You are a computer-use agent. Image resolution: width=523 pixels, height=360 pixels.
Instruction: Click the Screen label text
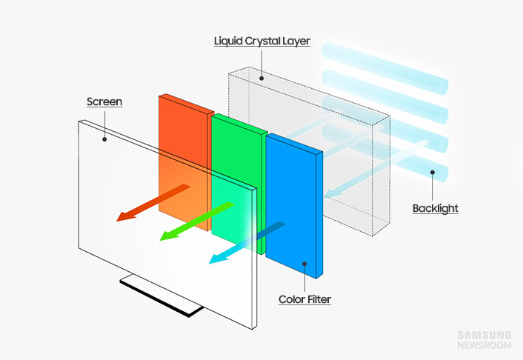(104, 101)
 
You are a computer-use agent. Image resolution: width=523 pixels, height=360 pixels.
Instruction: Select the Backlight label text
(435, 209)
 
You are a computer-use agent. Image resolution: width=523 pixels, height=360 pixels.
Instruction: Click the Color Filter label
(304, 300)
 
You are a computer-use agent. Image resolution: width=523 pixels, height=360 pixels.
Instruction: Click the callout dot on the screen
(104, 137)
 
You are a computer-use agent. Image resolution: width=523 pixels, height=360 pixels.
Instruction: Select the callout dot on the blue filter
(304, 263)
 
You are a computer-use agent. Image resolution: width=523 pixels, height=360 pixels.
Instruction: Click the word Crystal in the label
(260, 41)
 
